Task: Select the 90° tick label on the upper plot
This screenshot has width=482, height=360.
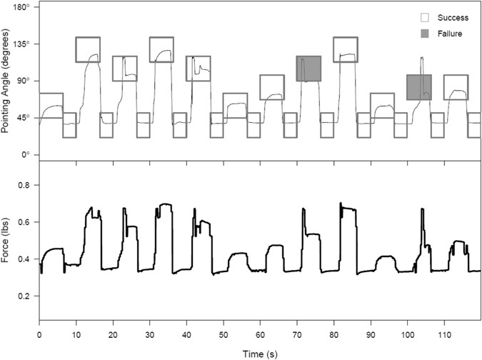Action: pos(23,81)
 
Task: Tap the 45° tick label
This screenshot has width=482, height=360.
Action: pos(23,118)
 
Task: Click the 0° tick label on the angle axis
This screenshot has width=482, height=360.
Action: pos(26,154)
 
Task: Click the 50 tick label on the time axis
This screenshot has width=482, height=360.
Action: pos(223,334)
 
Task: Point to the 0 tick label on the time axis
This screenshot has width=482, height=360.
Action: pos(39,334)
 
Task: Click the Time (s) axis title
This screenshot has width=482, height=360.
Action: pos(259,353)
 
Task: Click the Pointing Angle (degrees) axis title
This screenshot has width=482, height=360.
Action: pos(7,81)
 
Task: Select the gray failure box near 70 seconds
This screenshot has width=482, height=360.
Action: pos(309,69)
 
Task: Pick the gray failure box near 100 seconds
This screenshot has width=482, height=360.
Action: pos(419,87)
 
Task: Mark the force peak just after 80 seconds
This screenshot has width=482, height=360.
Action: pos(341,204)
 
